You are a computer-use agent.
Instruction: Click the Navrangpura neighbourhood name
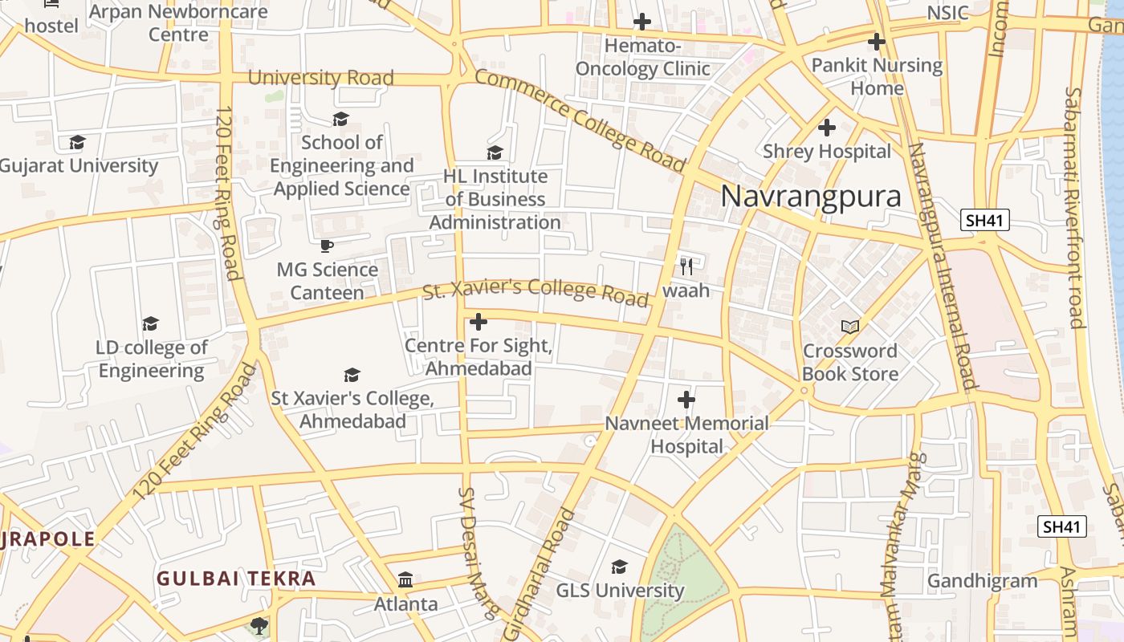click(811, 197)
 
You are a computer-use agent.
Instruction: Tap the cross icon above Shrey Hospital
click(826, 128)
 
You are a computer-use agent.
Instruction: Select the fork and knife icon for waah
click(686, 266)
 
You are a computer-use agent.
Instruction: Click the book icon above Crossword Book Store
click(849, 327)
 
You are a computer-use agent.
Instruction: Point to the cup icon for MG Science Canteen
click(326, 246)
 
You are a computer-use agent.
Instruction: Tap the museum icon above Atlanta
click(405, 579)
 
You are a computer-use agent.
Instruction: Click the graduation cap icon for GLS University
click(619, 567)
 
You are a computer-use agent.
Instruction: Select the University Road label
click(320, 78)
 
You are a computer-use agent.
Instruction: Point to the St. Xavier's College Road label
click(535, 293)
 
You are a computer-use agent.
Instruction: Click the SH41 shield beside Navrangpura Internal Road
click(984, 220)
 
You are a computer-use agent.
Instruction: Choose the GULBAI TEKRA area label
click(236, 579)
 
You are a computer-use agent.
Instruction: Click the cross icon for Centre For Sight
click(479, 323)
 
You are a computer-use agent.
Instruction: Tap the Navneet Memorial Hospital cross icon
click(686, 400)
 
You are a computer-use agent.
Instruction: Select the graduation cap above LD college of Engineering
click(150, 324)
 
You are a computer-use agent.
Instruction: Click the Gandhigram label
click(982, 581)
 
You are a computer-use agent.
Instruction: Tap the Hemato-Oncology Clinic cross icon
click(642, 22)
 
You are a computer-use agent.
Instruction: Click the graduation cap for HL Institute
click(495, 152)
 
